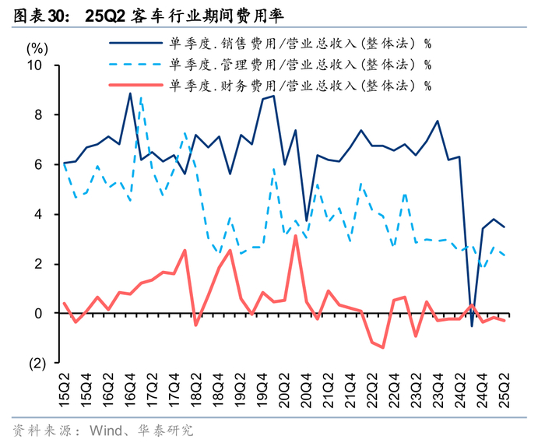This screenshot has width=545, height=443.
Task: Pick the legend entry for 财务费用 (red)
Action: tap(299, 85)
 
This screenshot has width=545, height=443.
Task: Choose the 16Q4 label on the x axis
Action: tap(130, 388)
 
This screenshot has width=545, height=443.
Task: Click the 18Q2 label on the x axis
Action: tap(195, 388)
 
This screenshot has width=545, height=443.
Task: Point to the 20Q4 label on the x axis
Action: tap(306, 388)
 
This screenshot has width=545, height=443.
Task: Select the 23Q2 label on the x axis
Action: tap(416, 388)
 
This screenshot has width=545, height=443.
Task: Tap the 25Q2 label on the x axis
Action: tap(504, 388)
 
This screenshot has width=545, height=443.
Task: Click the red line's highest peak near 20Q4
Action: tap(295, 236)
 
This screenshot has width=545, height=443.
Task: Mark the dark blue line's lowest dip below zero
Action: tap(471, 325)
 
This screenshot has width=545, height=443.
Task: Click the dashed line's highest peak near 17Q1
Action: tap(140, 97)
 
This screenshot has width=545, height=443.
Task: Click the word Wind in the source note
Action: tap(107, 430)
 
